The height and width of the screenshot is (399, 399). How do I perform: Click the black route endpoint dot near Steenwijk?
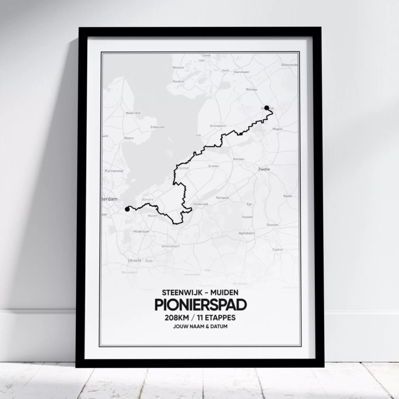click(267, 108)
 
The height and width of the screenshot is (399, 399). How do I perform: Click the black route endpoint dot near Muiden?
click(127, 210)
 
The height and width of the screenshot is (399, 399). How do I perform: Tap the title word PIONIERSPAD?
click(200, 304)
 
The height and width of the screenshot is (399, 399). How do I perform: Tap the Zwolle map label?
click(264, 169)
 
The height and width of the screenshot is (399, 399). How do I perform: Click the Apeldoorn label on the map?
click(246, 233)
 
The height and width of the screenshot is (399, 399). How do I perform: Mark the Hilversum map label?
click(141, 231)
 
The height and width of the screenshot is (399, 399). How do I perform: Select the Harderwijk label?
click(201, 204)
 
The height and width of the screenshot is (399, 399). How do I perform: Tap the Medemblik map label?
click(133, 113)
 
